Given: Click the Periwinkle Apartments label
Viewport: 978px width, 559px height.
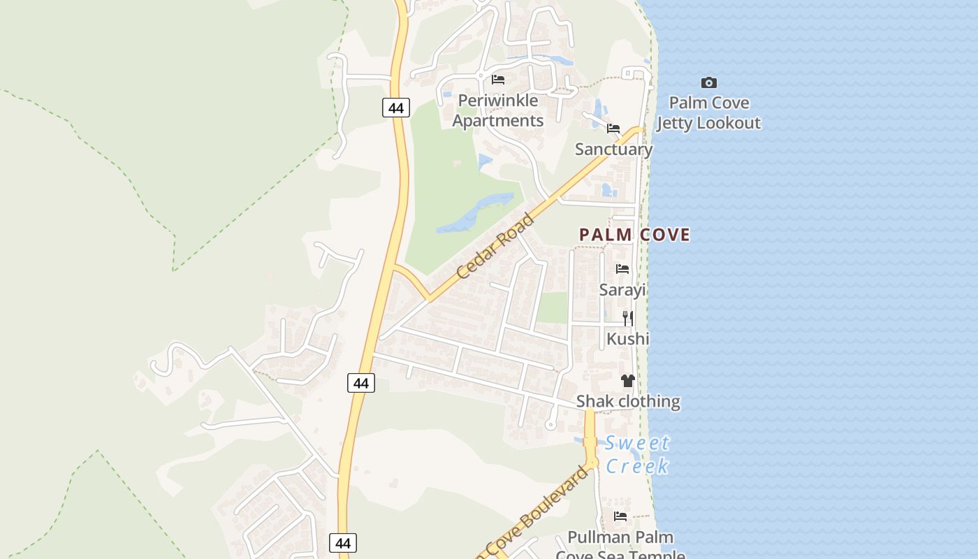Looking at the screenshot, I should pyautogui.click(x=497, y=110).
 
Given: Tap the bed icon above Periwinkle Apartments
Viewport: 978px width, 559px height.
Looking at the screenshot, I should pyautogui.click(x=498, y=79).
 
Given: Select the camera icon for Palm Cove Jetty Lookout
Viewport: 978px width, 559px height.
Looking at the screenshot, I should pyautogui.click(x=708, y=82).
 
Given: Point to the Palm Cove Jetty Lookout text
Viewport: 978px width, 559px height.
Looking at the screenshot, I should pyautogui.click(x=708, y=113).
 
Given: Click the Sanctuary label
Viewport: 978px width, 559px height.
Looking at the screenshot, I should pyautogui.click(x=613, y=149).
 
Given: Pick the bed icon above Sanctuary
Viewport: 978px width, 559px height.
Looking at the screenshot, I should pyautogui.click(x=613, y=128).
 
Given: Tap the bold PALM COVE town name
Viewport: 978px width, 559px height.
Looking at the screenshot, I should pyautogui.click(x=634, y=235).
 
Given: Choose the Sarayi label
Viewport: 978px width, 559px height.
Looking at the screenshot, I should pyautogui.click(x=622, y=289).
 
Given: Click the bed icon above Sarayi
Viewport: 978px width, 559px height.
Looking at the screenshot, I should pyautogui.click(x=622, y=269).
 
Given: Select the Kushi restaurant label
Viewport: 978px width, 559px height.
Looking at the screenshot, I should pyautogui.click(x=627, y=339).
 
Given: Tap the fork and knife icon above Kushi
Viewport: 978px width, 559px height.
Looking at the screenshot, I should pyautogui.click(x=627, y=319).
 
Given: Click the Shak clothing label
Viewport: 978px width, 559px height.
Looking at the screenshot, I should pyautogui.click(x=627, y=401).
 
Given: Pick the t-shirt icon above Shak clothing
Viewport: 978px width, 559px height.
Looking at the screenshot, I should pyautogui.click(x=627, y=381).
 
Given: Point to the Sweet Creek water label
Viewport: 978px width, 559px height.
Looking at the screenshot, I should pyautogui.click(x=637, y=454).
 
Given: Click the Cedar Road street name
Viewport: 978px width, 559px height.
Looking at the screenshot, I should pyautogui.click(x=496, y=246).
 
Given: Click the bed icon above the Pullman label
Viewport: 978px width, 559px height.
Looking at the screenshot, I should pyautogui.click(x=620, y=516).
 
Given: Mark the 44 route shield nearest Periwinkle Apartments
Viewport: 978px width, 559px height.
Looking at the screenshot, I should pyautogui.click(x=396, y=108).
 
